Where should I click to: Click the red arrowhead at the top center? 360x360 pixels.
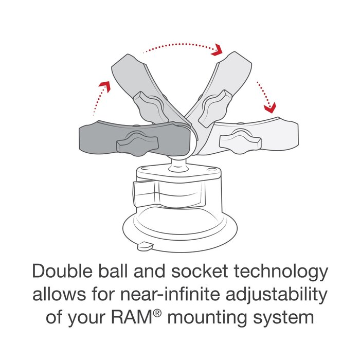(218, 49)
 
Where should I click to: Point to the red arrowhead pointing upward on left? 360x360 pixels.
(105, 86)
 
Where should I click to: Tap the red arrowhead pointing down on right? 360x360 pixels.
(269, 107)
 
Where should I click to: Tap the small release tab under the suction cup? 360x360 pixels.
(145, 246)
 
